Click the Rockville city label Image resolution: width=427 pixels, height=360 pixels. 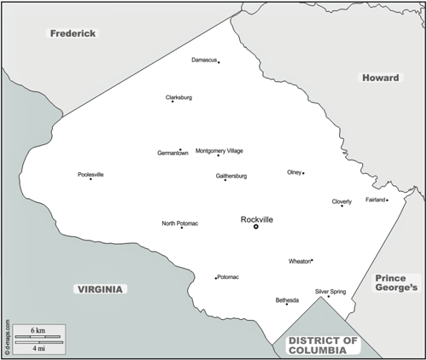257,219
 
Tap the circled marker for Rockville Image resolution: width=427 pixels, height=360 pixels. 255,226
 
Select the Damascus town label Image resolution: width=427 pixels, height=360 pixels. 203,60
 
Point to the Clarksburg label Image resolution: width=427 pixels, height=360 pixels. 178,97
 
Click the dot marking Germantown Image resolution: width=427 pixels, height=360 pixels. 180,149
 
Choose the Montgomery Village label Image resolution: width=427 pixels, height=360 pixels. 219,151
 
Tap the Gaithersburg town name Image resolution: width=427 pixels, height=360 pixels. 231,176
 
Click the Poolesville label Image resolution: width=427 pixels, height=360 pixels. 91,174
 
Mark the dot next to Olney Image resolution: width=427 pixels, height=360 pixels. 303,173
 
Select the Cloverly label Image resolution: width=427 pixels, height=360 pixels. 342,201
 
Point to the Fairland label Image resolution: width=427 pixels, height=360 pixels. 375,200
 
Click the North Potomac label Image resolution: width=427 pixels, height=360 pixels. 180,224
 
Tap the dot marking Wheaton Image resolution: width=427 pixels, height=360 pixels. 312,260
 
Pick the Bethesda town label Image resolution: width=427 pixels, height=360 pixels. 287,300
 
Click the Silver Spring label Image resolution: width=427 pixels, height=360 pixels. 330,291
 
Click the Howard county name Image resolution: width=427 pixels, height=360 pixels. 380,78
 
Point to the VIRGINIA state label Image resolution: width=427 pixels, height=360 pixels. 99,289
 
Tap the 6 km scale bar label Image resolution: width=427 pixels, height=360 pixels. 38,329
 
